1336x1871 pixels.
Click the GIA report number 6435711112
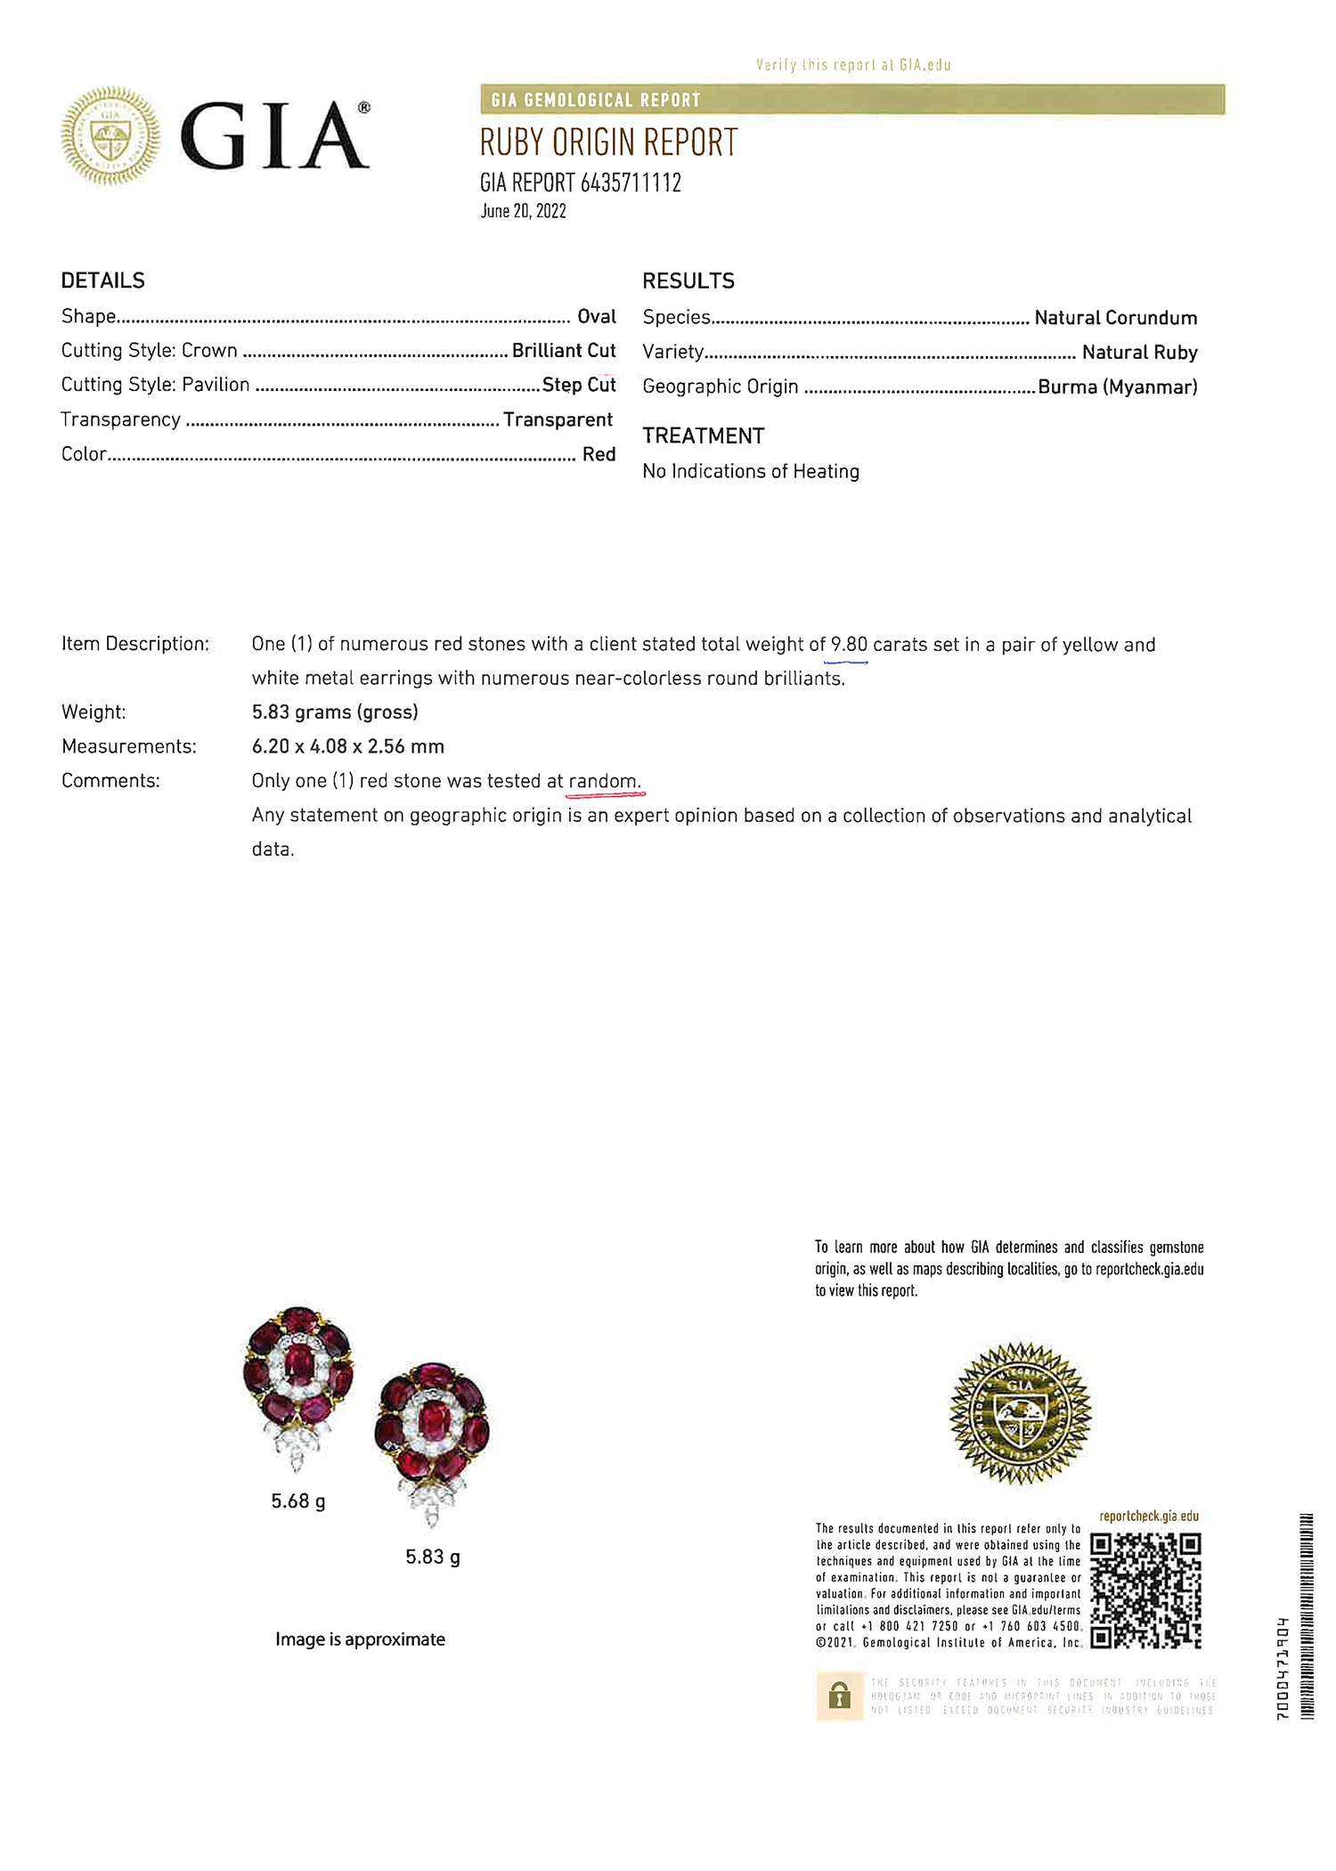coord(631,183)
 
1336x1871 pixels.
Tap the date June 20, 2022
coord(523,211)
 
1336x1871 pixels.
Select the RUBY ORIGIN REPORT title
coord(608,142)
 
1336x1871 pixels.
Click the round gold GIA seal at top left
coord(110,135)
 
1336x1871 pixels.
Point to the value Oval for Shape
coord(596,316)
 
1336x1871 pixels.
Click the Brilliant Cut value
coord(563,350)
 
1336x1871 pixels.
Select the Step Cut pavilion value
coord(579,385)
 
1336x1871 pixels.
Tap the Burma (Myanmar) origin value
coord(1117,386)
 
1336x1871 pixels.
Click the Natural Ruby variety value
coord(1139,352)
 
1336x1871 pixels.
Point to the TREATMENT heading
coord(703,435)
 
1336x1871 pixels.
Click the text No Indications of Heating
coord(751,471)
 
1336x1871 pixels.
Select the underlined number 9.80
coord(849,644)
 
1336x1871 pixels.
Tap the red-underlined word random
coord(603,781)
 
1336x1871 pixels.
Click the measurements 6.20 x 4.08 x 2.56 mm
coord(347,746)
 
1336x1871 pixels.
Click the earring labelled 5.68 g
coord(298,1380)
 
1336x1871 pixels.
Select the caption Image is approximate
coord(360,1639)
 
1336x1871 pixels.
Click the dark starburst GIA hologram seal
coord(1020,1412)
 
